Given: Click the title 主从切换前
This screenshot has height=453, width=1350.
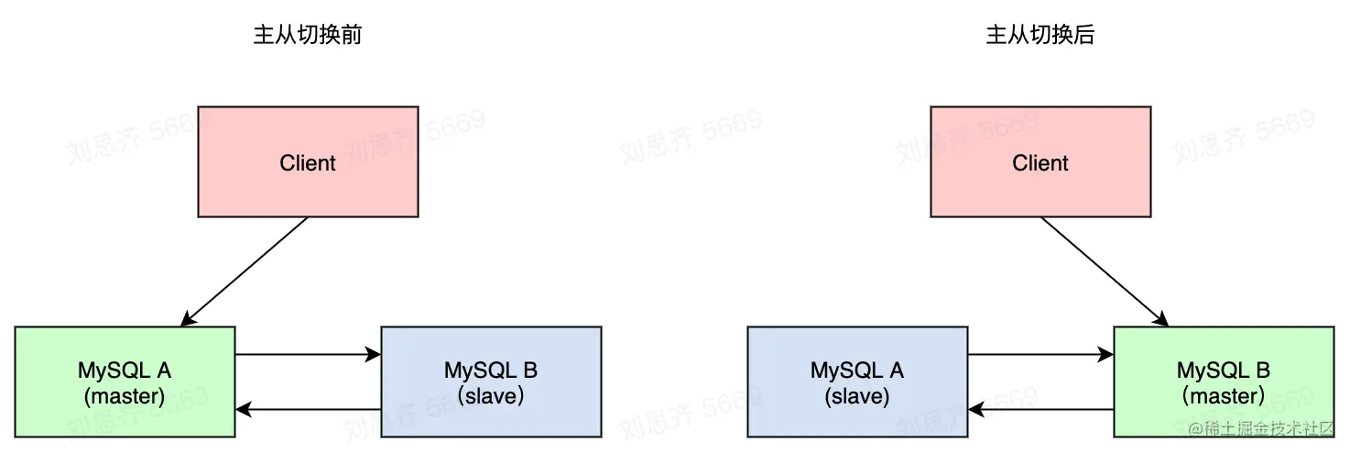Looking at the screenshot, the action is (308, 35).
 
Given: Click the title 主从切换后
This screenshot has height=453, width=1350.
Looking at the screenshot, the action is (1040, 35).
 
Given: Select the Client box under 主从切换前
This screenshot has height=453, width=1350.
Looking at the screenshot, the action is (308, 161).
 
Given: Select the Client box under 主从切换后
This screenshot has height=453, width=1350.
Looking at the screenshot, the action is (1040, 161).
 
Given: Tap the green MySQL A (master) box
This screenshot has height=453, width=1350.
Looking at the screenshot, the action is (125, 381).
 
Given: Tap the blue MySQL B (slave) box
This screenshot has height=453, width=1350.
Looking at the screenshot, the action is (491, 381).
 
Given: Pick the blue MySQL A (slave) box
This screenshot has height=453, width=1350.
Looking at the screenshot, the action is (857, 381).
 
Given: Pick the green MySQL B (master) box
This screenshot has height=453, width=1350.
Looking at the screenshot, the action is (1224, 381).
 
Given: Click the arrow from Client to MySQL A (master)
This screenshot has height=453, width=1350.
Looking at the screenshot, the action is (245, 272).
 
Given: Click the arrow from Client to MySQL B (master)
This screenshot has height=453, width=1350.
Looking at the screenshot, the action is (1105, 272).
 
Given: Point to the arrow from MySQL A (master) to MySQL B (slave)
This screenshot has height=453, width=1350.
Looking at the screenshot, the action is (308, 354).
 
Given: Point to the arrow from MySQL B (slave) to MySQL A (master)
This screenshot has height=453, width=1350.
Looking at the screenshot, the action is (308, 410).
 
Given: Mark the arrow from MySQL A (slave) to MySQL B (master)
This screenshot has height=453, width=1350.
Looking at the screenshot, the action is (1040, 354).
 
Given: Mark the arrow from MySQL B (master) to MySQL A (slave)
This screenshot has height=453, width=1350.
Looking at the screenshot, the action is (1040, 410).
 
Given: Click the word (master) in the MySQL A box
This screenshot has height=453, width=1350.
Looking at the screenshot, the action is (125, 396).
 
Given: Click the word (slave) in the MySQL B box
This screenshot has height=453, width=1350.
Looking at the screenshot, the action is (491, 396).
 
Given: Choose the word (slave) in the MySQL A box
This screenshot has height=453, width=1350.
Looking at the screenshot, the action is (857, 396).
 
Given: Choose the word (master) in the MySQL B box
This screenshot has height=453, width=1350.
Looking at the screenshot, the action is (1224, 396).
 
